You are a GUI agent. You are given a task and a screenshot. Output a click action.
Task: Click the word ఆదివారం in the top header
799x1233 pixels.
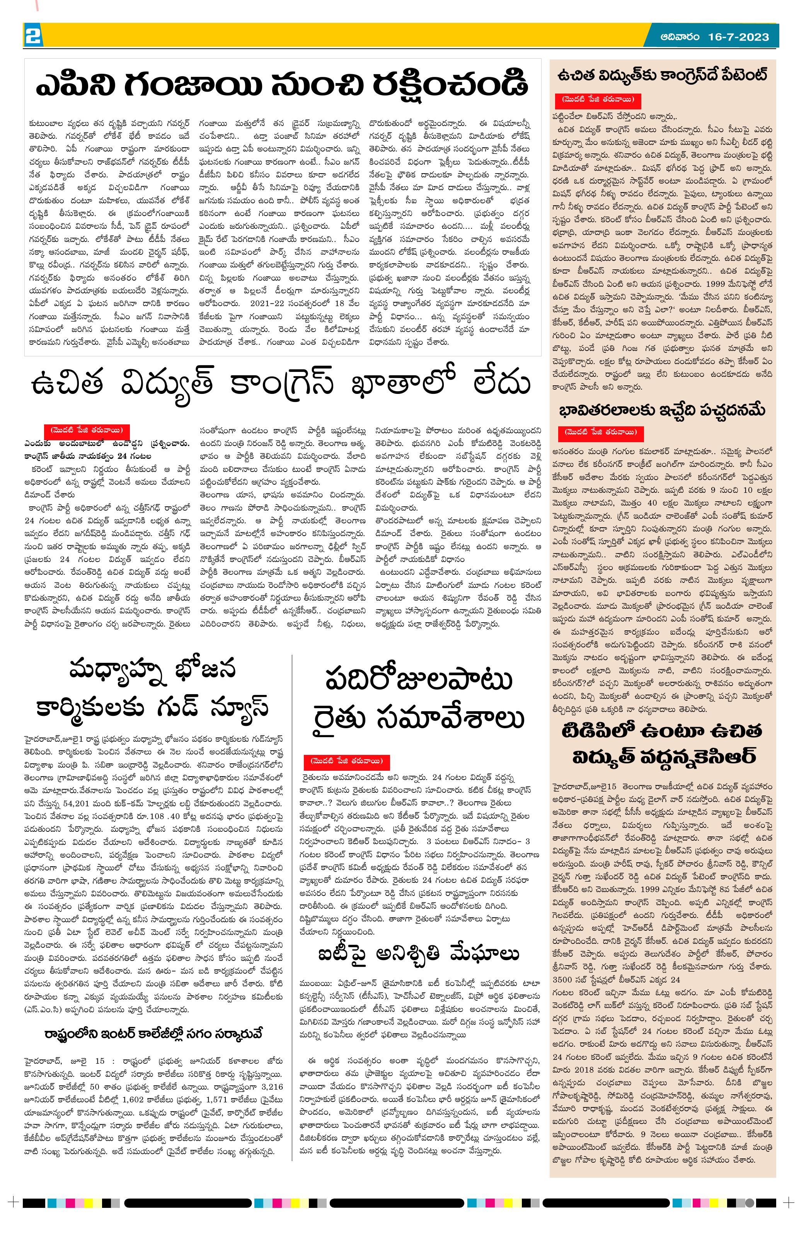[680, 37]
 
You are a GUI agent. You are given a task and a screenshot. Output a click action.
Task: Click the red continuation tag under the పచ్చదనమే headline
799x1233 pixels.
[600, 432]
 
